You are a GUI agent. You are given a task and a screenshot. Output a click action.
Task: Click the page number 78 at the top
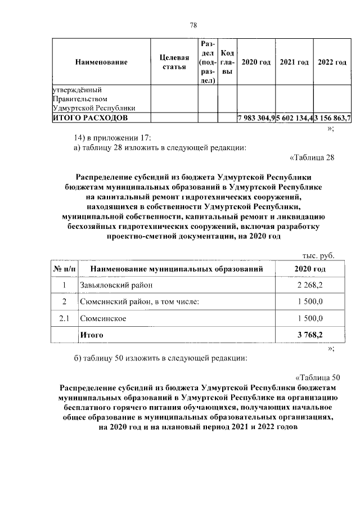[x=193, y=25]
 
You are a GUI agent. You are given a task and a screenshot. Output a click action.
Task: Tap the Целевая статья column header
[x=174, y=62]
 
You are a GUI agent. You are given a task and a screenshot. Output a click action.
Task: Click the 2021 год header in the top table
[x=294, y=62]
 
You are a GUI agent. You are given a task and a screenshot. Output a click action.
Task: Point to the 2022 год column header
[x=332, y=62]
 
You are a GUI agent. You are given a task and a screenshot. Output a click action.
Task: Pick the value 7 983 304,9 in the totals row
[x=256, y=118]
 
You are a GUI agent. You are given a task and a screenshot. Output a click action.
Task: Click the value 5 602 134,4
[x=294, y=118]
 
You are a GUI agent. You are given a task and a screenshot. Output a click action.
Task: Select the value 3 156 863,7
[x=332, y=118]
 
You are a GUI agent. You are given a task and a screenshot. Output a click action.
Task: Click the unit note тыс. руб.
[x=319, y=256]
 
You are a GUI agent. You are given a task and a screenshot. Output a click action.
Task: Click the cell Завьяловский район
[x=112, y=286]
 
